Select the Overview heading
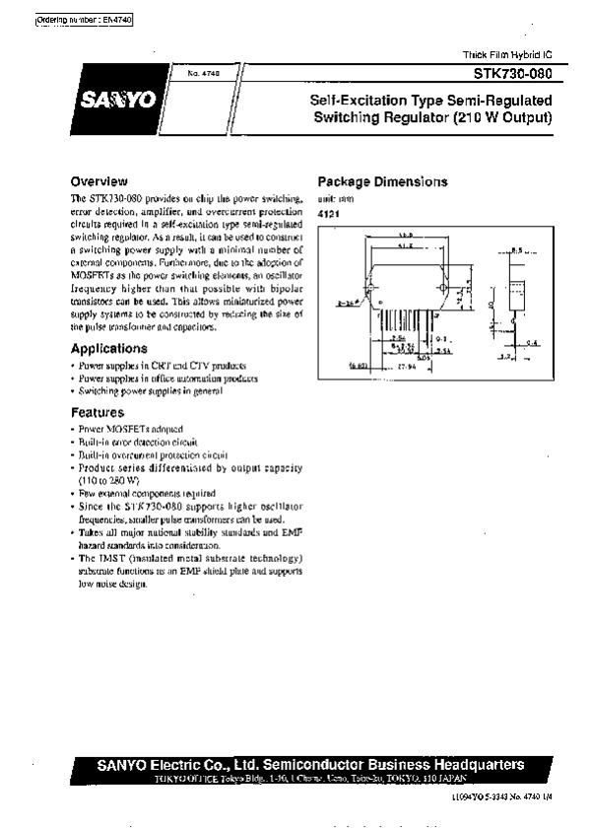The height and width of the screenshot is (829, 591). (x=99, y=181)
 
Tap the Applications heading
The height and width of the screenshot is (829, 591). (x=109, y=349)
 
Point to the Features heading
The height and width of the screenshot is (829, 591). (x=98, y=413)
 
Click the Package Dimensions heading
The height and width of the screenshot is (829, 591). (x=382, y=182)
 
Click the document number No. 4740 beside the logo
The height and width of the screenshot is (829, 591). (x=186, y=74)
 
